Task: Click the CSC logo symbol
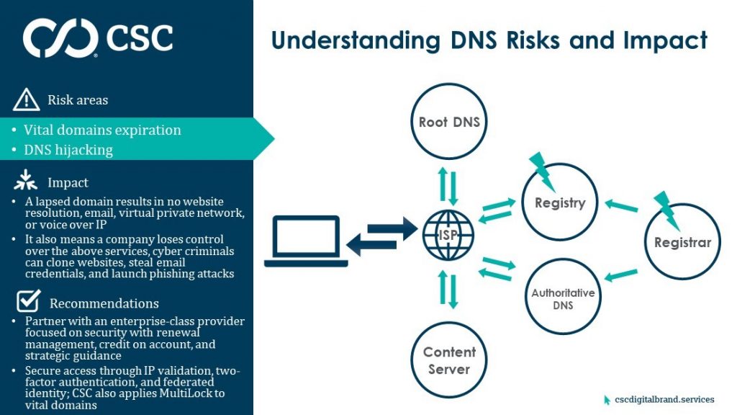click(60, 38)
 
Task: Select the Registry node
click(559, 203)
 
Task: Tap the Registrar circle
click(682, 242)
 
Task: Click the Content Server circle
click(449, 360)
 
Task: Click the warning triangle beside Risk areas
click(27, 99)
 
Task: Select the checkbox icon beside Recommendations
click(27, 300)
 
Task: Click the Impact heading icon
click(26, 182)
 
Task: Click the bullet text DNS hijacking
click(68, 150)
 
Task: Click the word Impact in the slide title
click(663, 40)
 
